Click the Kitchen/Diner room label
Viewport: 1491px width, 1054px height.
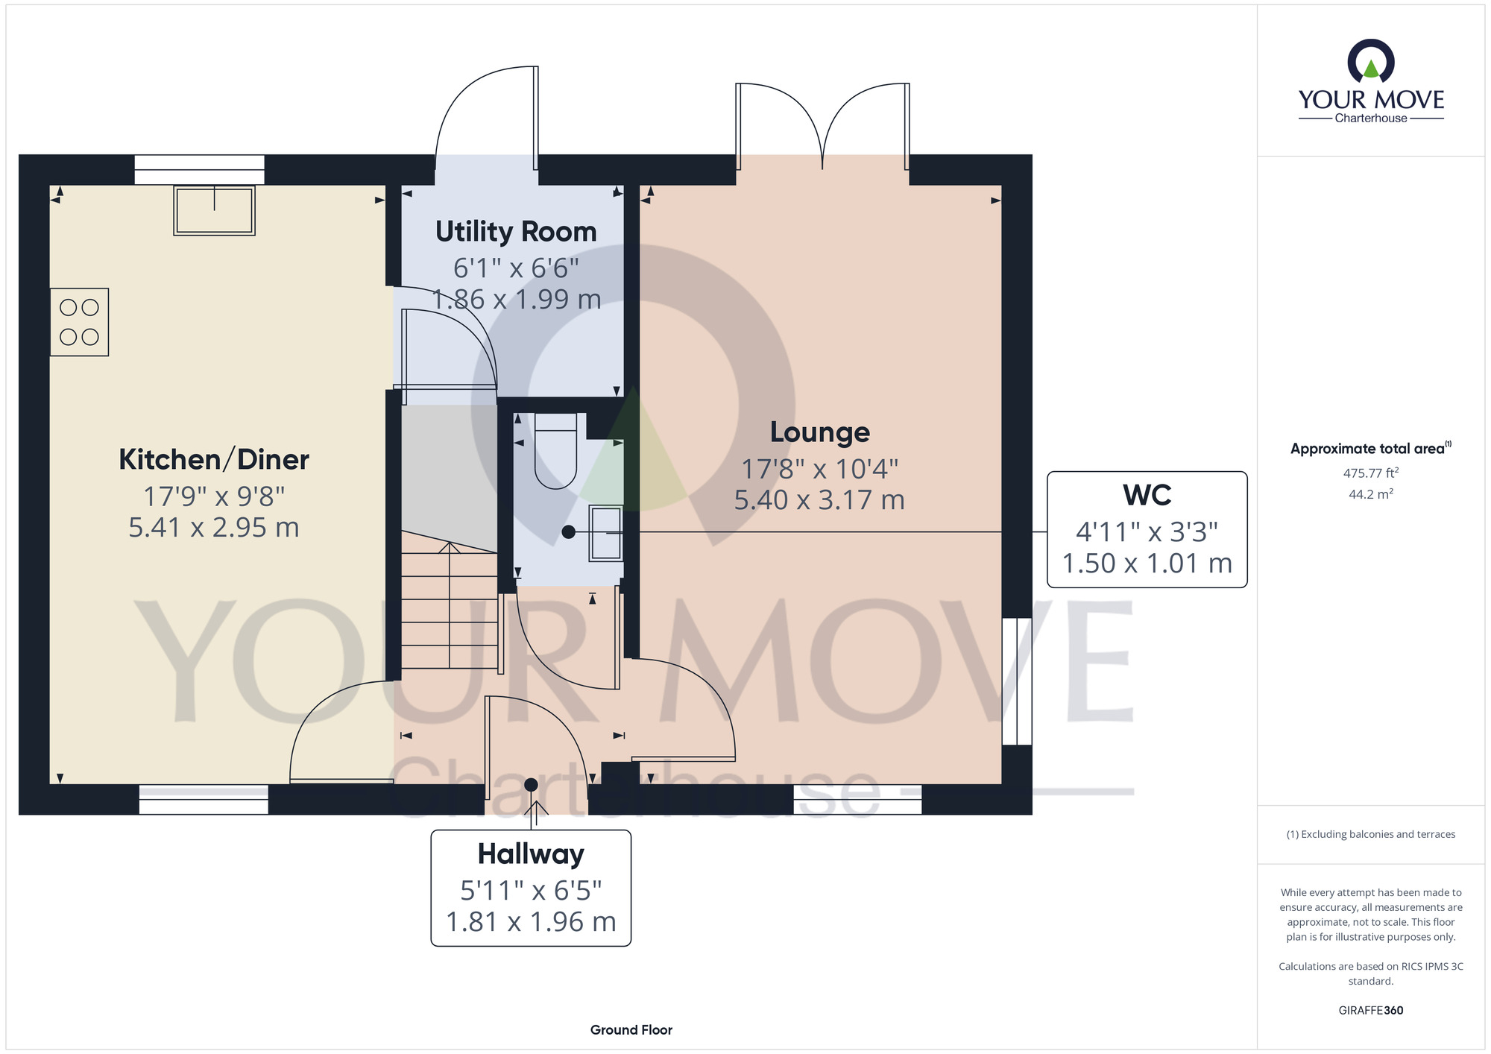coord(214,460)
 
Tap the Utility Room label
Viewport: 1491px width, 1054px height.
coord(516,232)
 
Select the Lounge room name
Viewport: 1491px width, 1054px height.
coord(820,432)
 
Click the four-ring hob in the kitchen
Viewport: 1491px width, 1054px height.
coord(80,322)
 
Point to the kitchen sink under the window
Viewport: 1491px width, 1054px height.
coord(215,210)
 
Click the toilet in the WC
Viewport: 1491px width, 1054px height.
coord(556,451)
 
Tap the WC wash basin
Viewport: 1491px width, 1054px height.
coord(606,533)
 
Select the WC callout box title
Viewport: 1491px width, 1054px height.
coord(1147,495)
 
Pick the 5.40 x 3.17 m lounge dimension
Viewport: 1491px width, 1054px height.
coord(819,500)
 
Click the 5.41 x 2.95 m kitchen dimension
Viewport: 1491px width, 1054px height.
coord(214,528)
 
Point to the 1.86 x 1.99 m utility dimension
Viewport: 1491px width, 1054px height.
coord(517,300)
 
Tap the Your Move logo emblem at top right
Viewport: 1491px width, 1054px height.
coord(1371,62)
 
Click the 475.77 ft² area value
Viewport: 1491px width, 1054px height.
coord(1371,473)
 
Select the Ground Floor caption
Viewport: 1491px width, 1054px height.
coord(631,1030)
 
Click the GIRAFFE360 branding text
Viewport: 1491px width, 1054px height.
coord(1371,1011)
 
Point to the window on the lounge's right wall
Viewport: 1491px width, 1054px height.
coord(1017,681)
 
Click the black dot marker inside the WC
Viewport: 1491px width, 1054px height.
coord(569,532)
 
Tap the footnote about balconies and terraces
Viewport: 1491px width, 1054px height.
coord(1371,835)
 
